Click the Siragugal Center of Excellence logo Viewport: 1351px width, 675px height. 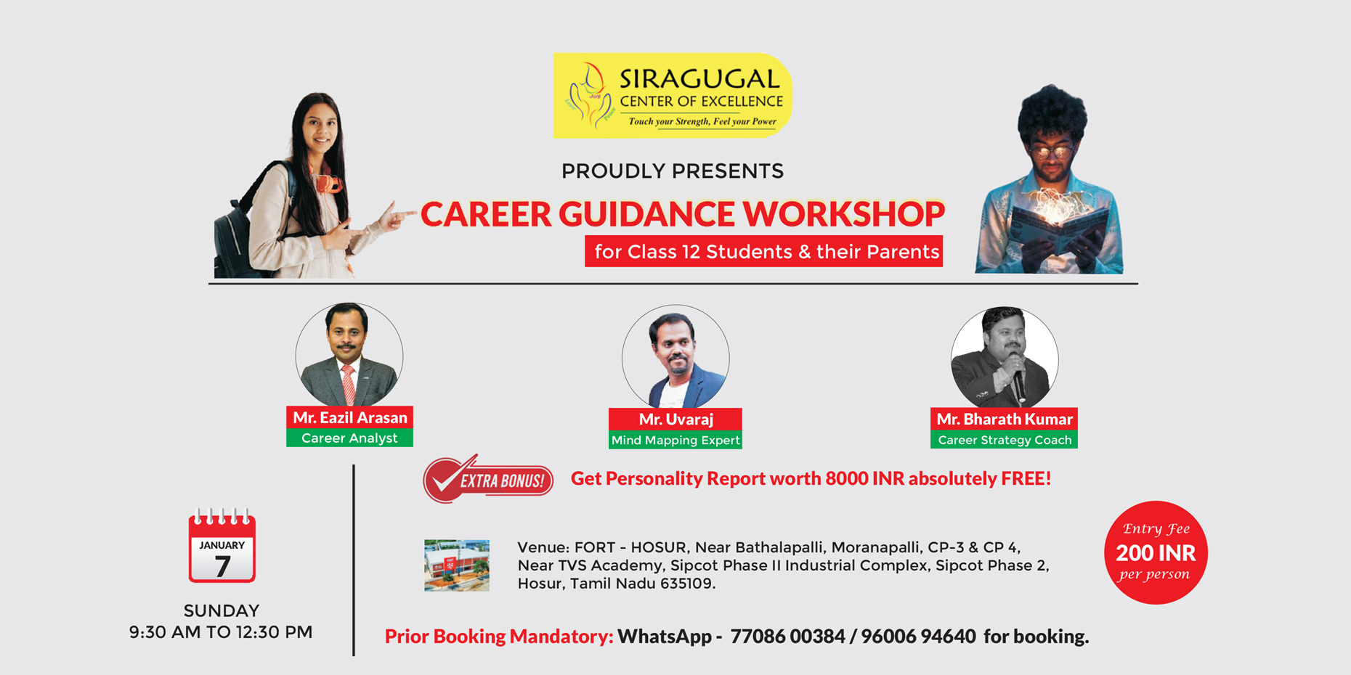(673, 95)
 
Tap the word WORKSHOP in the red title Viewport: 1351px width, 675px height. (843, 214)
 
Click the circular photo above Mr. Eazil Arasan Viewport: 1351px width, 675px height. (349, 355)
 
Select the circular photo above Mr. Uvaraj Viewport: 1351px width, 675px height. (675, 357)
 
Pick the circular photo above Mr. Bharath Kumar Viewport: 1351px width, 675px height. (1005, 359)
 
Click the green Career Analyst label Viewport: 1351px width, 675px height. (349, 438)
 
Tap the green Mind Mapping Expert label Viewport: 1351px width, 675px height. (675, 440)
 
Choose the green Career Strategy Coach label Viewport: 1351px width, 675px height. (1005, 440)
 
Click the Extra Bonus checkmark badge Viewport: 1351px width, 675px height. (488, 479)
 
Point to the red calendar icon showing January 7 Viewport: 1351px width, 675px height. (222, 546)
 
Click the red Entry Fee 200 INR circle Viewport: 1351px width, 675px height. (1156, 552)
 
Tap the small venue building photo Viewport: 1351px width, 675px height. (457, 565)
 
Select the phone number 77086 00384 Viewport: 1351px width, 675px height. (787, 637)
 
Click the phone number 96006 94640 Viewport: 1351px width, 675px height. (918, 637)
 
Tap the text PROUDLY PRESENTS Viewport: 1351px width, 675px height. (673, 171)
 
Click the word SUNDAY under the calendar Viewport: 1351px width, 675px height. (222, 610)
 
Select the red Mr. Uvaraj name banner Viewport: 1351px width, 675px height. (675, 419)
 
